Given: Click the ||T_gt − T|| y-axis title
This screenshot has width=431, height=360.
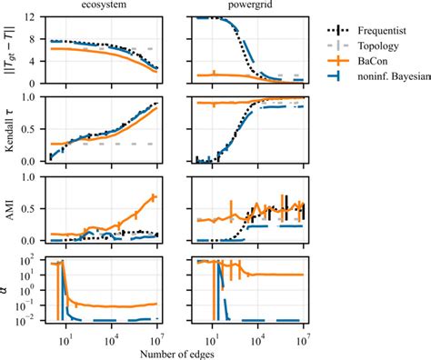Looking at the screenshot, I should tap(10, 49).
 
